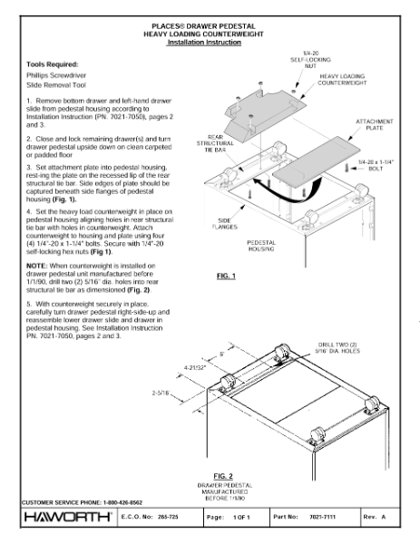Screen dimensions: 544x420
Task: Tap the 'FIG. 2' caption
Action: pos(221,474)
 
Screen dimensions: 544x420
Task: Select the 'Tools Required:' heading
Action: pos(52,64)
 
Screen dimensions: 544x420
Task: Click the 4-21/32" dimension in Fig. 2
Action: pos(197,367)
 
